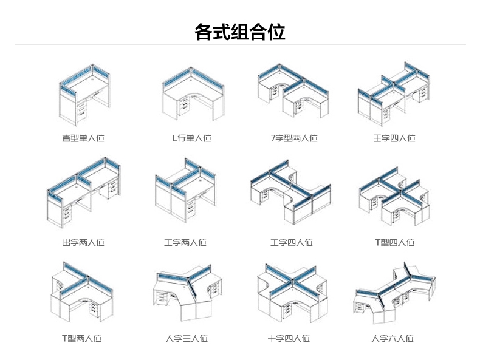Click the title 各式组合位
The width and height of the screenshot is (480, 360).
coord(240,31)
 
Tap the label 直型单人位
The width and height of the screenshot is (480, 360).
coord(83,138)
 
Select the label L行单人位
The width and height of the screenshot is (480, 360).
coord(191,138)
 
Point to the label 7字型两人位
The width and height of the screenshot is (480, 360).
coord(294,138)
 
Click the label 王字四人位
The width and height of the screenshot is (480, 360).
coord(394,138)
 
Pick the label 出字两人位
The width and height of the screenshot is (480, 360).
coord(83,242)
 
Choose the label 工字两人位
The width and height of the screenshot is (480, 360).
coord(185,242)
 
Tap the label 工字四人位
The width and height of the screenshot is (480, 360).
coord(292,242)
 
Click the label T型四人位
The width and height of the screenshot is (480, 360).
coord(394,242)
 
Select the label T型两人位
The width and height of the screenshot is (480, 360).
coord(81,338)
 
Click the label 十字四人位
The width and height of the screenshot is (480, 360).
coord(289,338)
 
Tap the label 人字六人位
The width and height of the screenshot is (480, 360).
coord(393,338)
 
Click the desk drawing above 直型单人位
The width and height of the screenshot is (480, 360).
coord(83,93)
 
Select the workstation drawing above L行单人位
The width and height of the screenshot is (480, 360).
coord(188,94)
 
